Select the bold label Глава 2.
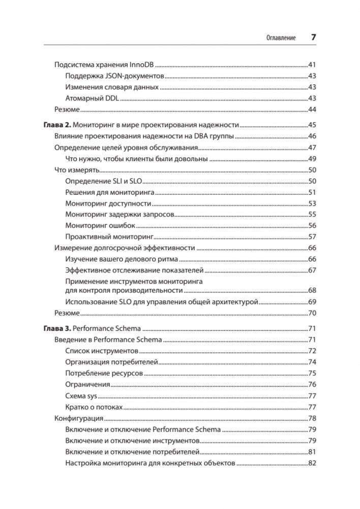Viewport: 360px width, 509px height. pyautogui.click(x=57, y=125)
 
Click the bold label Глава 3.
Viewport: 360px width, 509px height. pyautogui.click(x=57, y=328)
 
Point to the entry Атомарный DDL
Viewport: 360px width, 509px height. pyautogui.click(x=92, y=98)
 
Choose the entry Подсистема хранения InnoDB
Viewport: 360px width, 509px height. pyautogui.click(x=104, y=65)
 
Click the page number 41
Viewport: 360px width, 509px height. pyautogui.click(x=313, y=65)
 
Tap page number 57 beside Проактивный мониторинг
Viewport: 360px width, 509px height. pyautogui.click(x=313, y=236)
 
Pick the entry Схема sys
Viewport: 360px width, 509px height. pyautogui.click(x=81, y=396)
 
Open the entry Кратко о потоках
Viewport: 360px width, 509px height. pyautogui.click(x=94, y=407)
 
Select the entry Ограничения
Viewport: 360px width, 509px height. pyautogui.click(x=87, y=384)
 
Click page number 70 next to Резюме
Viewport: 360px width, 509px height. pyautogui.click(x=313, y=312)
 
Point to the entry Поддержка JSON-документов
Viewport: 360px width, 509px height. pyautogui.click(x=114, y=76)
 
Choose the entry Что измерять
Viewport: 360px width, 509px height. pyautogui.click(x=76, y=170)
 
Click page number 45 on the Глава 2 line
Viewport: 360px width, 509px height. pyautogui.click(x=313, y=125)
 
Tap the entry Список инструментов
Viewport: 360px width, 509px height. pyautogui.click(x=102, y=351)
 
